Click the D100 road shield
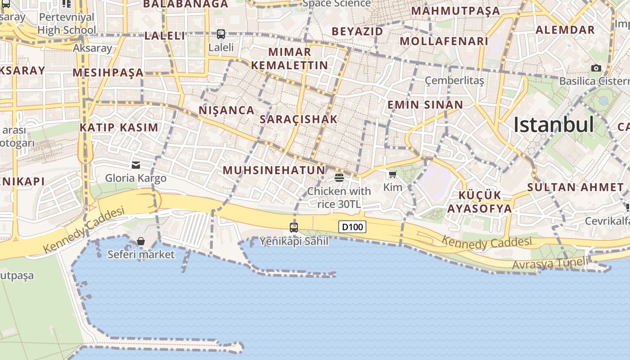352,227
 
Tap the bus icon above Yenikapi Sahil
294,227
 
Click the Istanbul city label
553,125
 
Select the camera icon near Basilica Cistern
596,68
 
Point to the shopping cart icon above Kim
393,174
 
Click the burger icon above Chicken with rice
339,178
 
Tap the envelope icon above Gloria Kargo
136,165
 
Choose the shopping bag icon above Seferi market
141,242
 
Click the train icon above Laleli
221,34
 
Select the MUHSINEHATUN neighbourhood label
274,170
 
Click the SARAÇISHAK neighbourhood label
298,119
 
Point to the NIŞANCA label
226,110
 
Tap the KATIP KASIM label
119,127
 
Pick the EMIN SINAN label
425,105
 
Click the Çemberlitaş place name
454,81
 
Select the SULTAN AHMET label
575,187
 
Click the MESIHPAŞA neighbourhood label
108,72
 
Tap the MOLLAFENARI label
444,41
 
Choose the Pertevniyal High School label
67,24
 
